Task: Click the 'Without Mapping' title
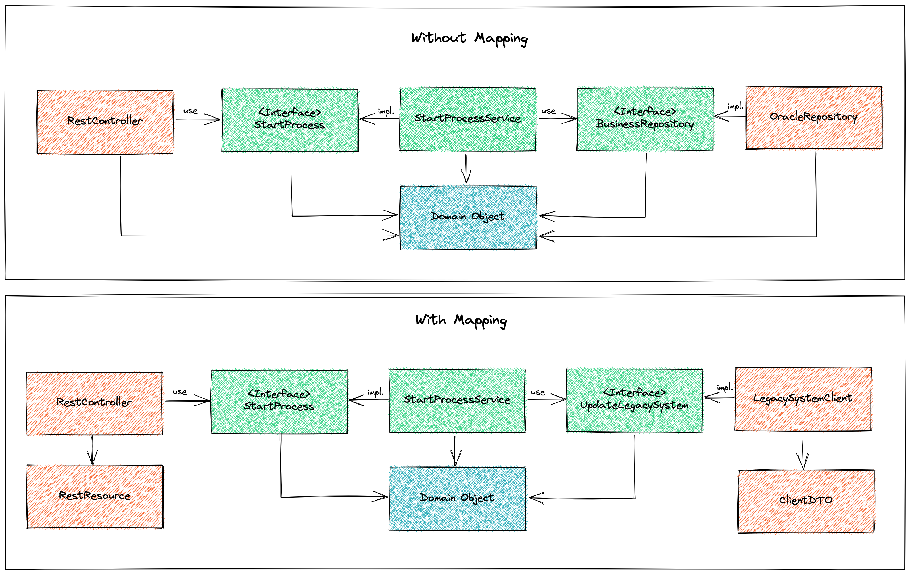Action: (x=469, y=39)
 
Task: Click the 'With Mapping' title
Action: (x=461, y=320)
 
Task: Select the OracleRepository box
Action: (x=814, y=118)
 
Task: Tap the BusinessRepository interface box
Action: (x=645, y=119)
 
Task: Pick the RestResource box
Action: (x=94, y=496)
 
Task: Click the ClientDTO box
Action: (x=806, y=501)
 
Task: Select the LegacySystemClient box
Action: (x=803, y=399)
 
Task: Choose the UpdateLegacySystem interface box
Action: (x=634, y=400)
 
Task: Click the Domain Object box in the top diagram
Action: (x=468, y=217)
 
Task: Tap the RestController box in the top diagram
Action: (x=105, y=121)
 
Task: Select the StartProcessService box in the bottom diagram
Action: (x=457, y=400)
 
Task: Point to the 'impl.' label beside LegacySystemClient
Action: (x=724, y=388)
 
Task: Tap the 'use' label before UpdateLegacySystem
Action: (x=538, y=392)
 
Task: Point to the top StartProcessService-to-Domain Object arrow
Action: (x=466, y=169)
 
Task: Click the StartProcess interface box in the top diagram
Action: (x=290, y=120)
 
